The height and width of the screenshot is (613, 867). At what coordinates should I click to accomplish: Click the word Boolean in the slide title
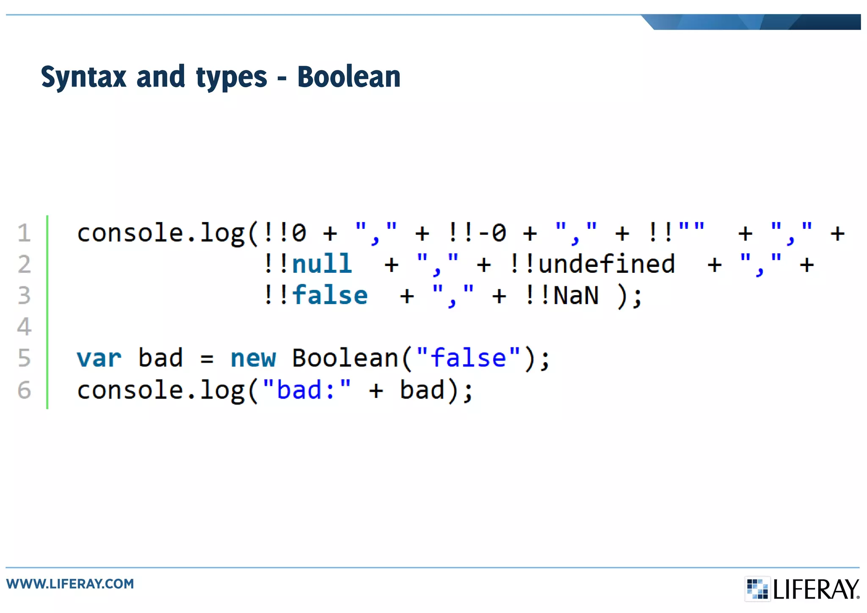coord(349,77)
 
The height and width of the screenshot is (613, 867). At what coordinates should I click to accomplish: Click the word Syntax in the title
coord(84,77)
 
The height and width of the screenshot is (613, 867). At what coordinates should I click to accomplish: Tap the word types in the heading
coord(232,78)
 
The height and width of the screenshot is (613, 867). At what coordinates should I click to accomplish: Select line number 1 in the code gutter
coord(24,233)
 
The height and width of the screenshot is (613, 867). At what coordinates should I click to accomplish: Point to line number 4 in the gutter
coord(24,327)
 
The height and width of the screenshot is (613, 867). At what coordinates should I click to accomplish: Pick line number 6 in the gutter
coord(24,390)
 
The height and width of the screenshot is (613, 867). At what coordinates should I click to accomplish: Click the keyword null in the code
coord(322,264)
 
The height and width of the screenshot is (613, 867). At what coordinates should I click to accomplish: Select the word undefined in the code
coord(606,264)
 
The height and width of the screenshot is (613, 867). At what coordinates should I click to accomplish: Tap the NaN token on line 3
coord(576,295)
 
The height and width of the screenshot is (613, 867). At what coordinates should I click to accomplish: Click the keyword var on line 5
coord(99,358)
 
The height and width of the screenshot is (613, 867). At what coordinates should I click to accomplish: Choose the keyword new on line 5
coord(253,358)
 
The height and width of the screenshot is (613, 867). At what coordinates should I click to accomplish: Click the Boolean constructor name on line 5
coord(345,358)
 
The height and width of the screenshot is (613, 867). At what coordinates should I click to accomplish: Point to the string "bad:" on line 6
coord(307,390)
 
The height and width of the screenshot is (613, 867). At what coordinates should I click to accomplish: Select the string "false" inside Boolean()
coord(468,358)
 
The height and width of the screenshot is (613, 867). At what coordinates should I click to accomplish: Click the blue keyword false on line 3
coord(330,295)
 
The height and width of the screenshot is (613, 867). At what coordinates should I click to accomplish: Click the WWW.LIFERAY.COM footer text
coord(70,584)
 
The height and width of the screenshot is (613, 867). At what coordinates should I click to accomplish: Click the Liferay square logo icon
coord(757,588)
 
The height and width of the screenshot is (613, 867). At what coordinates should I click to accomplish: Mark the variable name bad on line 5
coord(160,358)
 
